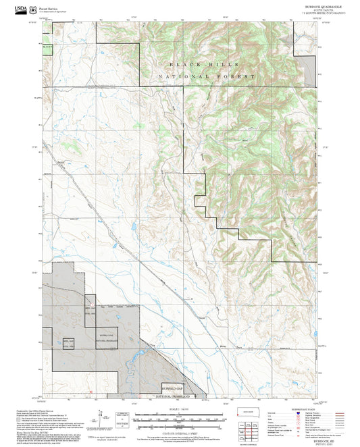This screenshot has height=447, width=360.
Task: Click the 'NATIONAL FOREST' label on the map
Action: click(206, 77)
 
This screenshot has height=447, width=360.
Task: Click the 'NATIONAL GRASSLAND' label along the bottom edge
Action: click(181, 396)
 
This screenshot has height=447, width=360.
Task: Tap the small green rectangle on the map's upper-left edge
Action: click(46, 49)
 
